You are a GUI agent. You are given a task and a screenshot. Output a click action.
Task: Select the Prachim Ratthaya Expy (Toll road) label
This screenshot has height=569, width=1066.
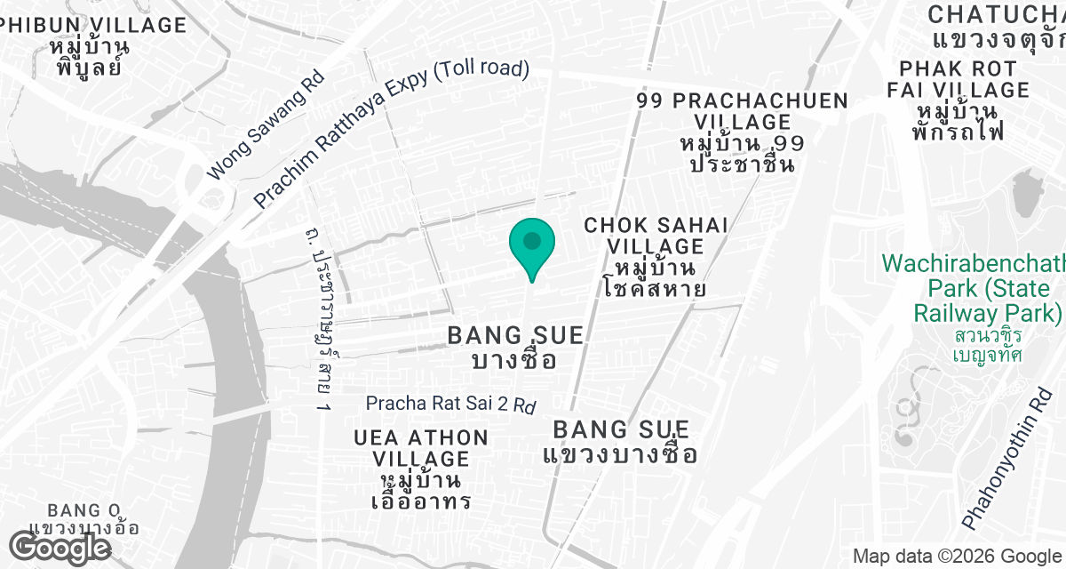point(391,133)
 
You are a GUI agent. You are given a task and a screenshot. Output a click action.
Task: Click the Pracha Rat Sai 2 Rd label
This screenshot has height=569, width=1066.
point(451,404)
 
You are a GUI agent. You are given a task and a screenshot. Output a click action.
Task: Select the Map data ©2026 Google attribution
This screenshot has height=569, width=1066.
point(956,557)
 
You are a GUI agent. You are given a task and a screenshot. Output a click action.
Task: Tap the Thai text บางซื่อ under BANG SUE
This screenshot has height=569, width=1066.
point(514,360)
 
